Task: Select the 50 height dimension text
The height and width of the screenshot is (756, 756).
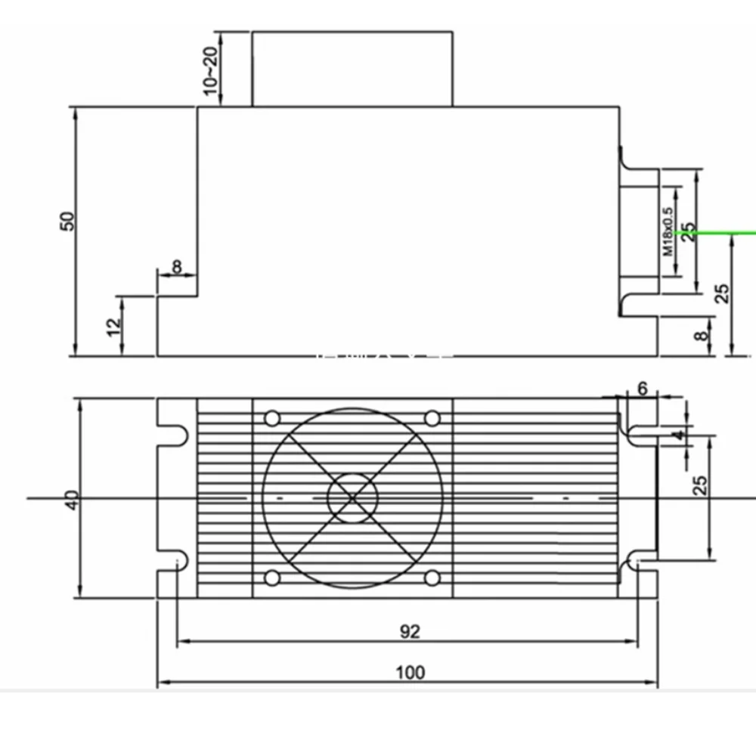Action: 69,221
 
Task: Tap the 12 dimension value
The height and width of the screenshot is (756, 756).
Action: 114,327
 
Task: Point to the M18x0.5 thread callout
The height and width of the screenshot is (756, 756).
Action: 668,231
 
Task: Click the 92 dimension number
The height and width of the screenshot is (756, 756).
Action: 410,631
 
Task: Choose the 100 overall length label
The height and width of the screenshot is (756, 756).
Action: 410,672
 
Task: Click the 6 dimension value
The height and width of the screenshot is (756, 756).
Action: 643,389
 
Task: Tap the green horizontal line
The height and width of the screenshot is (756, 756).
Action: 726,232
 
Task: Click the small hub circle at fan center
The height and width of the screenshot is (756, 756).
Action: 352,497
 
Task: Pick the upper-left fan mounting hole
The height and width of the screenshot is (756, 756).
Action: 271,418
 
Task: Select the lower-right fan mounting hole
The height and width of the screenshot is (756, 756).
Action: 432,578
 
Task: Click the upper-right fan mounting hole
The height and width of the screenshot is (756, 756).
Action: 432,418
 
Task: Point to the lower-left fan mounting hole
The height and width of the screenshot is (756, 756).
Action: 271,578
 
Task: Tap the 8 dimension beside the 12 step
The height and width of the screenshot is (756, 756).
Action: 177,266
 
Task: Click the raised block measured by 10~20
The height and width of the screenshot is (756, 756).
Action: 352,68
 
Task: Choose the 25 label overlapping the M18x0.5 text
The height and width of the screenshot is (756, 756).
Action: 687,231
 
